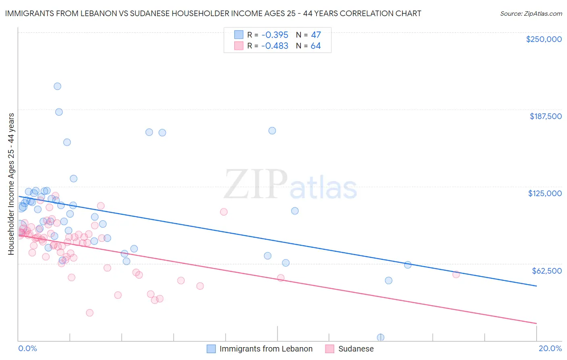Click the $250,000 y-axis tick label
point(544,39)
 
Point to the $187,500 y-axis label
point(545,116)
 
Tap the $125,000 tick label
point(545,193)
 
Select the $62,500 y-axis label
point(547,271)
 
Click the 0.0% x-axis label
point(27,348)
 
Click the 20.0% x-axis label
point(550,348)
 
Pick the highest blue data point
point(57,86)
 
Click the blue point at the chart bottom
point(380,337)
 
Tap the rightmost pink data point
point(456,274)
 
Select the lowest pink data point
point(90,313)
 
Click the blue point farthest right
point(408,265)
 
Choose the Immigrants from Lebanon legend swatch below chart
point(211,349)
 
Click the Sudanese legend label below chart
point(356,349)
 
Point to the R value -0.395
point(275,35)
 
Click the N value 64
point(315,46)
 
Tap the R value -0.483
point(275,46)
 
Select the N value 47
point(315,35)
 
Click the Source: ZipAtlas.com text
point(531,14)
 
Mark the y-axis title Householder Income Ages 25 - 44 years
point(11,184)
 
